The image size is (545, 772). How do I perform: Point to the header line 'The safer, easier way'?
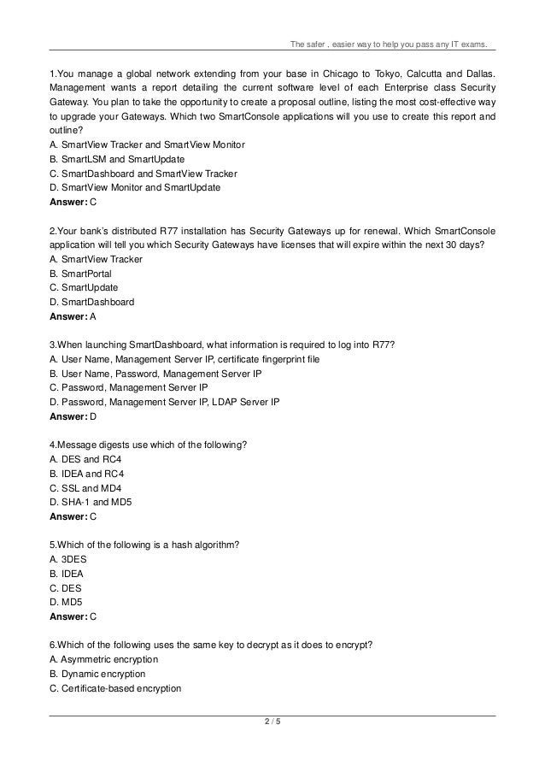pyautogui.click(x=390, y=44)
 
